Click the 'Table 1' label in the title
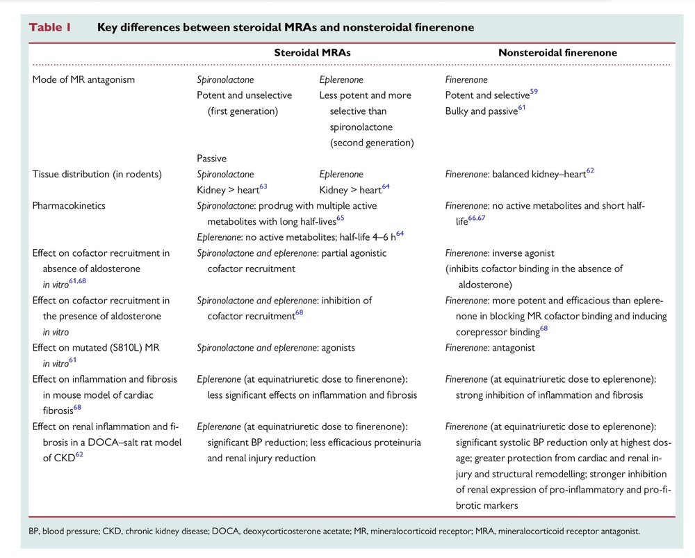click(49, 28)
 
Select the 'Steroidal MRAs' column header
click(311, 52)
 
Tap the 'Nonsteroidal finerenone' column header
click(557, 52)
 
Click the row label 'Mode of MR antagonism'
click(83, 79)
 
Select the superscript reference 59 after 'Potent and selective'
click(534, 92)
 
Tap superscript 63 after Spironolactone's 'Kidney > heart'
click(263, 186)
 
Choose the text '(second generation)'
click(371, 143)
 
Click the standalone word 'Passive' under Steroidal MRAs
click(211, 159)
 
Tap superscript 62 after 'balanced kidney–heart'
click(590, 170)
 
